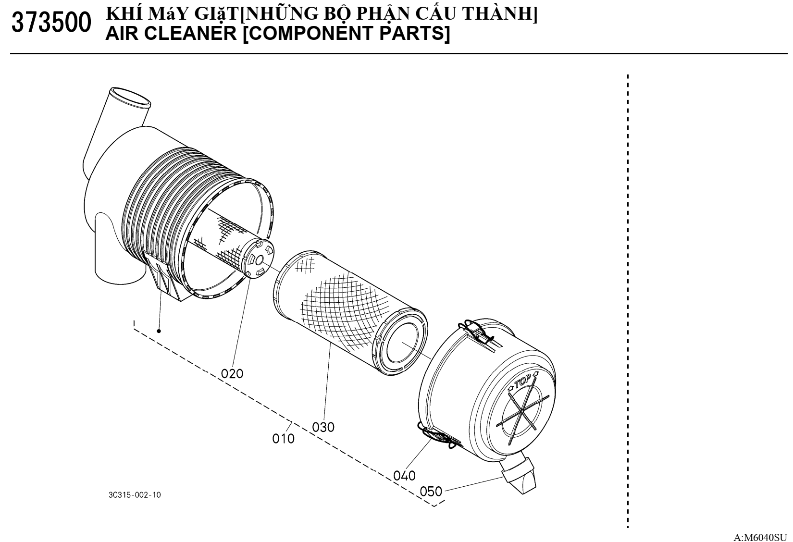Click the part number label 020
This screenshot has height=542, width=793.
[232, 373]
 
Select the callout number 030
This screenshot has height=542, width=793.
[323, 427]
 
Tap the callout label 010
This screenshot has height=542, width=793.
[283, 439]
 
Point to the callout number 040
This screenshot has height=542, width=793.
[404, 476]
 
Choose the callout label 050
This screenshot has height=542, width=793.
[431, 492]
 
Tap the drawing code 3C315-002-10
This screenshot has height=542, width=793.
[135, 494]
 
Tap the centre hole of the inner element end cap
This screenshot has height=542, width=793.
[259, 260]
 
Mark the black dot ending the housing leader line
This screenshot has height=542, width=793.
[159, 331]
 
